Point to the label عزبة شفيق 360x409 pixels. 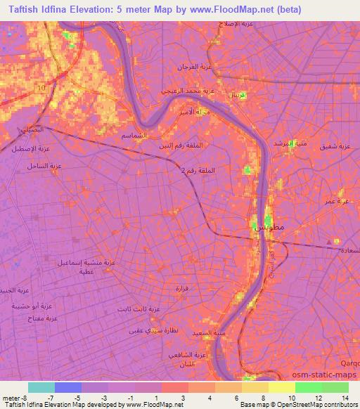click(x=336, y=147)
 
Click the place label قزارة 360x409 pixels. click(x=181, y=288)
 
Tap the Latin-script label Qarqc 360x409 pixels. click(x=349, y=364)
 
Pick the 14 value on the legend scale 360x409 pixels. click(x=345, y=397)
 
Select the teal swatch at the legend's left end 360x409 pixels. click(x=41, y=387)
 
